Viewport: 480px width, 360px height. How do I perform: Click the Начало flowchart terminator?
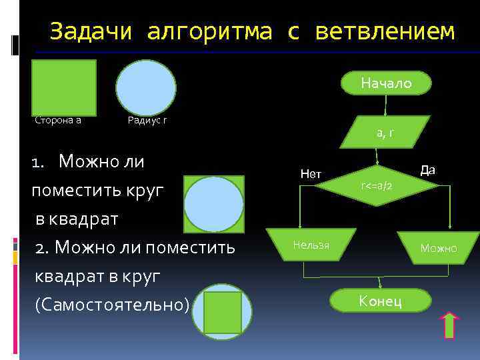tap(386, 83)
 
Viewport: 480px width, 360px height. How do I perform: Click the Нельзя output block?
tap(311, 245)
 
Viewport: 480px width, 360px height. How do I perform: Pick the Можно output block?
tap(438, 248)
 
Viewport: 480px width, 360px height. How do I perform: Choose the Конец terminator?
tap(380, 301)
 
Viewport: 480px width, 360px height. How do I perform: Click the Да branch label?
tap(427, 170)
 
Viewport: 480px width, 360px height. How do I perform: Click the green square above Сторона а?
tap(64, 87)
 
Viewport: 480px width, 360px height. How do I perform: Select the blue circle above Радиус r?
tap(146, 88)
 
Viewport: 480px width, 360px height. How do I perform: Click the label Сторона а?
tap(58, 121)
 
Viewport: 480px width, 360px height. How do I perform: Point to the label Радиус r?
tap(147, 121)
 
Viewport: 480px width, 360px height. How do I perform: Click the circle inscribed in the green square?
tap(214, 204)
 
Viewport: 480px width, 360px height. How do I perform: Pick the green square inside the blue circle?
tap(222, 312)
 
